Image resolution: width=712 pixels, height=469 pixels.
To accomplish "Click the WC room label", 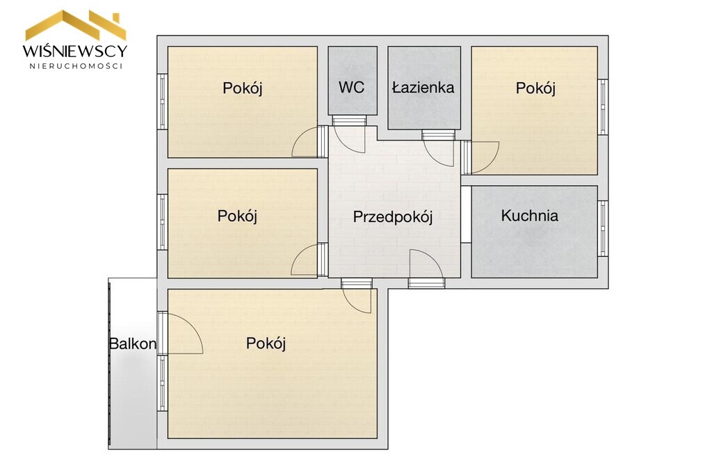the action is (351, 87).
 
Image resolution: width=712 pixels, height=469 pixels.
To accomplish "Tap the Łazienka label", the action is (423, 87).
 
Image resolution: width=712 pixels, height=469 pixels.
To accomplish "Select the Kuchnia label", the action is (529, 216).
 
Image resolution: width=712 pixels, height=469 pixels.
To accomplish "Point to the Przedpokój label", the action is (393, 217).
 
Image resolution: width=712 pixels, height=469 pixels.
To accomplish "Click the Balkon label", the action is (133, 344).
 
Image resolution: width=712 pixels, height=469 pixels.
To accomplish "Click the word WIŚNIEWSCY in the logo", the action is (75, 50).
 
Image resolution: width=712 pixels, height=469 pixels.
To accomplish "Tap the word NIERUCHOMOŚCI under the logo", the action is (76, 66).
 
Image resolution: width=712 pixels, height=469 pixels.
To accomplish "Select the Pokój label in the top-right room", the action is (535, 88).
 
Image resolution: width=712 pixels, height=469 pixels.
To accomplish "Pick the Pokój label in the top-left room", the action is (243, 88).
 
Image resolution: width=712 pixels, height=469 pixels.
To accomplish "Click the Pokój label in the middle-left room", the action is (237, 216).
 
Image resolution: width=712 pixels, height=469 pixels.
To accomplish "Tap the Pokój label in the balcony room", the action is (266, 344).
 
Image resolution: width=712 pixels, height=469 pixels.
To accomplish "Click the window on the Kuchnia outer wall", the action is (603, 228).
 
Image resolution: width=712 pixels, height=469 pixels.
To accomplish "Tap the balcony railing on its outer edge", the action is (110, 363).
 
